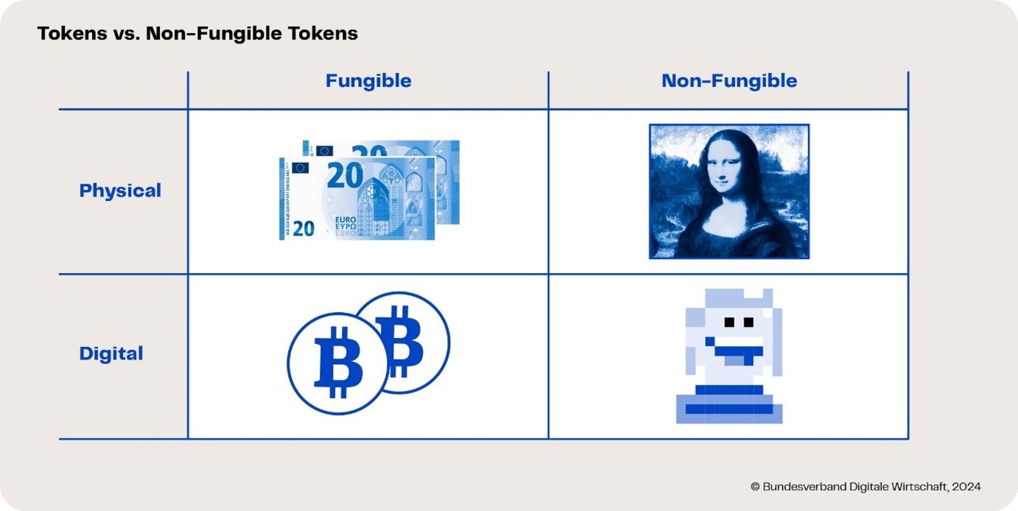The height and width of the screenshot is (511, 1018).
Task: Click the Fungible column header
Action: coord(368,81)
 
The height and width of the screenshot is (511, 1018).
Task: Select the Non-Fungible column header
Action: coord(729,81)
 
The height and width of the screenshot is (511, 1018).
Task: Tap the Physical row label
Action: coord(120,191)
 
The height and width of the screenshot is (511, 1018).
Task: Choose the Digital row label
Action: coord(111,353)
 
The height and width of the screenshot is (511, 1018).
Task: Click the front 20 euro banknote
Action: coord(357,199)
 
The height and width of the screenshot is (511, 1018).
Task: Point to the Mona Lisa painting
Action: coord(729,191)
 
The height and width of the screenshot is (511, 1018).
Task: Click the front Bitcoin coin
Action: coord(337,364)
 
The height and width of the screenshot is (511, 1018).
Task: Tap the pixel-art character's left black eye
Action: coord(729,322)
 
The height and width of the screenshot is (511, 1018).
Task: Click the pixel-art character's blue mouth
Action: coord(736,351)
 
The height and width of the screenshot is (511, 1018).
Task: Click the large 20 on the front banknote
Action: coord(345,175)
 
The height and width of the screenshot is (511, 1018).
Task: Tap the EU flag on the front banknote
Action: coord(300,168)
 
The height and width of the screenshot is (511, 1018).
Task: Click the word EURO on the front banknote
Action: coord(345,220)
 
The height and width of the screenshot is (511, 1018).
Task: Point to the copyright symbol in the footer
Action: coord(755,487)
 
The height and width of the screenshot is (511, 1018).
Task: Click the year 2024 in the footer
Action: coord(966,487)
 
